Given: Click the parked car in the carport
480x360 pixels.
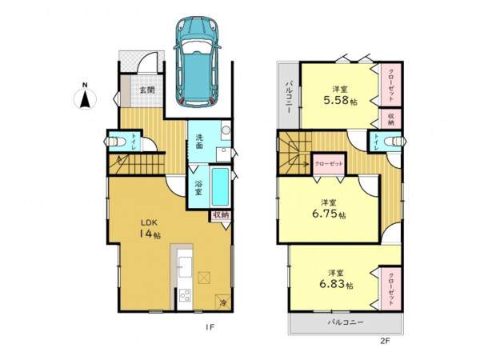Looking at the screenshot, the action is (x=198, y=62).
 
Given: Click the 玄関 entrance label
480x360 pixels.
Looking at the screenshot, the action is (x=147, y=90).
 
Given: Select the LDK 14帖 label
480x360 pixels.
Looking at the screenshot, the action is (x=150, y=229).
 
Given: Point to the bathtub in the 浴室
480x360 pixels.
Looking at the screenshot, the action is (x=221, y=187).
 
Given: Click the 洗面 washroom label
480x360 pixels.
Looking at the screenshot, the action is (x=199, y=141).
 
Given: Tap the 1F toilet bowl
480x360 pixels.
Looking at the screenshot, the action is (x=116, y=142).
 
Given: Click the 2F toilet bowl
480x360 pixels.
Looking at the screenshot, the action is (x=395, y=141).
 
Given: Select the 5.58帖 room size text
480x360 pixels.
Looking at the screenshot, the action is (x=341, y=101).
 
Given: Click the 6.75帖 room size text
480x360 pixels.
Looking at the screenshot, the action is (x=329, y=214).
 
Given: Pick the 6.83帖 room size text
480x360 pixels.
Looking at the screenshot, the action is (x=337, y=284).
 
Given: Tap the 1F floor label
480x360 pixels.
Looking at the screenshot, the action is (x=210, y=327).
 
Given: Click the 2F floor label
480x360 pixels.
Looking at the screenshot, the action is (x=385, y=341).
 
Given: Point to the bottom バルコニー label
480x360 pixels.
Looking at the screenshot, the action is (x=346, y=322).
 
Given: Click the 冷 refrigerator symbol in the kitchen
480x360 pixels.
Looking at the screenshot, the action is (x=223, y=302).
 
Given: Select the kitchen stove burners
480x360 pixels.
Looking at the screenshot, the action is (x=185, y=295).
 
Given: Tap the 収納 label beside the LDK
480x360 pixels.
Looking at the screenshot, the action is (x=221, y=215).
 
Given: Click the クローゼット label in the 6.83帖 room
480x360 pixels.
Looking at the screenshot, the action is (x=391, y=289).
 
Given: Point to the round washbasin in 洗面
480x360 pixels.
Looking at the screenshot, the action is (x=226, y=130).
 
